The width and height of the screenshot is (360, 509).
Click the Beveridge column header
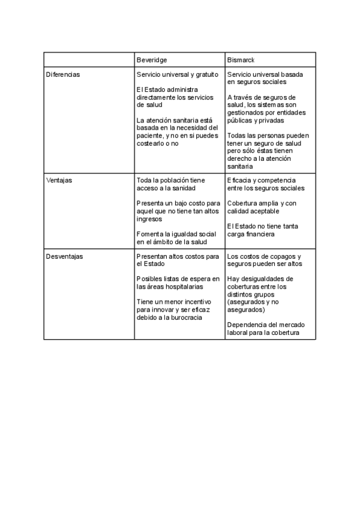click(152, 60)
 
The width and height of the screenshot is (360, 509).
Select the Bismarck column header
click(241, 60)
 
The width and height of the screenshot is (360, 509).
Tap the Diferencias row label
click(63, 74)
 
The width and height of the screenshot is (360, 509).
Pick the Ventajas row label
click(59, 180)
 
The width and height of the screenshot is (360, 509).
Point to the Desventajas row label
click(65, 256)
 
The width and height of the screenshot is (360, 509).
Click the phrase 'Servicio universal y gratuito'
click(177, 74)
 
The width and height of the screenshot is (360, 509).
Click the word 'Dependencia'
click(247, 325)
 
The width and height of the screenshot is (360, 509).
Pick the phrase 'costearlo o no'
click(158, 143)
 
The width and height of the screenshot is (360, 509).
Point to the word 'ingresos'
click(149, 219)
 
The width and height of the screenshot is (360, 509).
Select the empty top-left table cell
click(89, 60)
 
